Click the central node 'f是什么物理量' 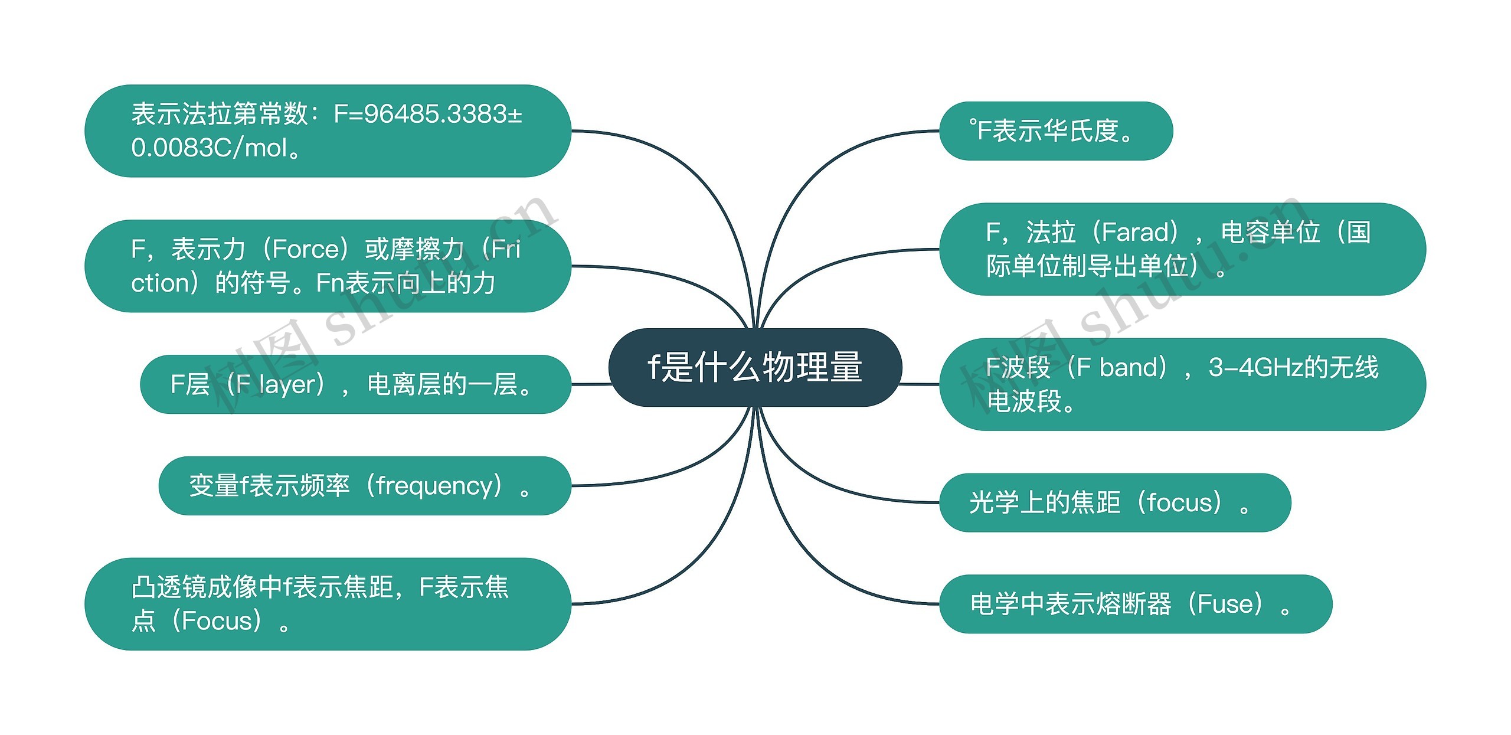coord(755,367)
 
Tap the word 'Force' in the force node coord(305,249)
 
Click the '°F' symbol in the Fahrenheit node coord(980,130)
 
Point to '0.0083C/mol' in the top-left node coord(209,148)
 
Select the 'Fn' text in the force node coord(330,283)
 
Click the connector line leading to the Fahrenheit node coord(826,177)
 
